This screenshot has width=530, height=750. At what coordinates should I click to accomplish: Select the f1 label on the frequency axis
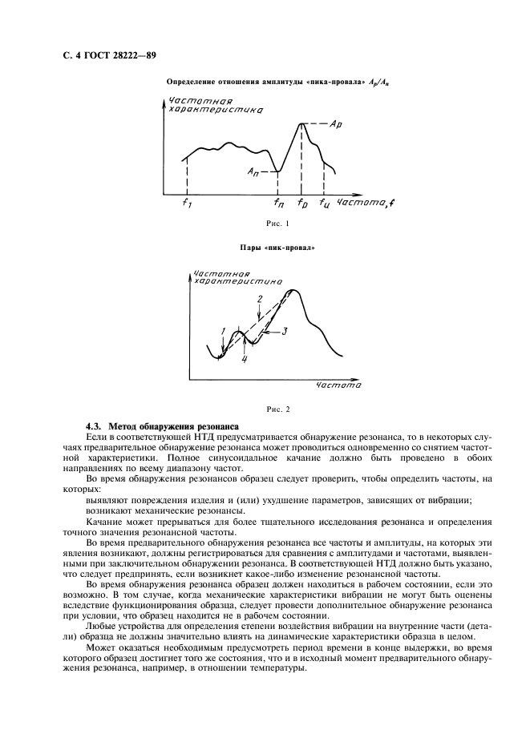(x=187, y=204)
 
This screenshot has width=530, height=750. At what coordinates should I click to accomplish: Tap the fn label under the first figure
(x=279, y=204)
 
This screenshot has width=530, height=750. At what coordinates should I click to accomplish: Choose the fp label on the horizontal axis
(x=302, y=204)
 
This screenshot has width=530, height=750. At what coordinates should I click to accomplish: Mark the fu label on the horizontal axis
(x=324, y=204)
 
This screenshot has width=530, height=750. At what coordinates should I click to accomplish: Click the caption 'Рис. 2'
(x=276, y=409)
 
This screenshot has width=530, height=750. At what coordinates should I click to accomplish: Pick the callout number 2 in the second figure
(x=259, y=299)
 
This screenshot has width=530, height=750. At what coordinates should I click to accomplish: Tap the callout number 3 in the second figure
(x=285, y=329)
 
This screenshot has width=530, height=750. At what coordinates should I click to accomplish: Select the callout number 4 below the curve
(x=244, y=359)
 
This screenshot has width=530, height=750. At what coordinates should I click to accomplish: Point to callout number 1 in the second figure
(x=224, y=331)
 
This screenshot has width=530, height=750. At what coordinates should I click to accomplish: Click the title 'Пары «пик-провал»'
(x=276, y=248)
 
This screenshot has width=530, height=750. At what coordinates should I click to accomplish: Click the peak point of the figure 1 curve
(x=301, y=123)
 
